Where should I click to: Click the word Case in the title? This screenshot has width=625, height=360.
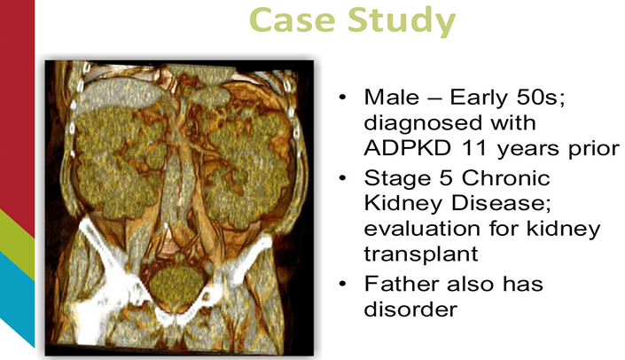coord(292,20)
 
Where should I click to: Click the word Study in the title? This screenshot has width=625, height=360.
coord(402,23)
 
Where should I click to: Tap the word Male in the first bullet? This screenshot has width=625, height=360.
coord(392,98)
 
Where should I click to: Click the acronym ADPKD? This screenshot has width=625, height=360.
coord(408,148)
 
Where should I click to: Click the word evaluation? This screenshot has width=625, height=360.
coord(423,229)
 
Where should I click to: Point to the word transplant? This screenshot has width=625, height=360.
coord(421,254)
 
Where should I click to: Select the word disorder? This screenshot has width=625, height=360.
coord(410,309)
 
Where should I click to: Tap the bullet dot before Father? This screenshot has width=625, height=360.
coord(342,285)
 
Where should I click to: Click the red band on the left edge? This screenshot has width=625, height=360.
coord(17,107)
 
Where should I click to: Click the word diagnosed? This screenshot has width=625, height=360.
coord(449,123)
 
